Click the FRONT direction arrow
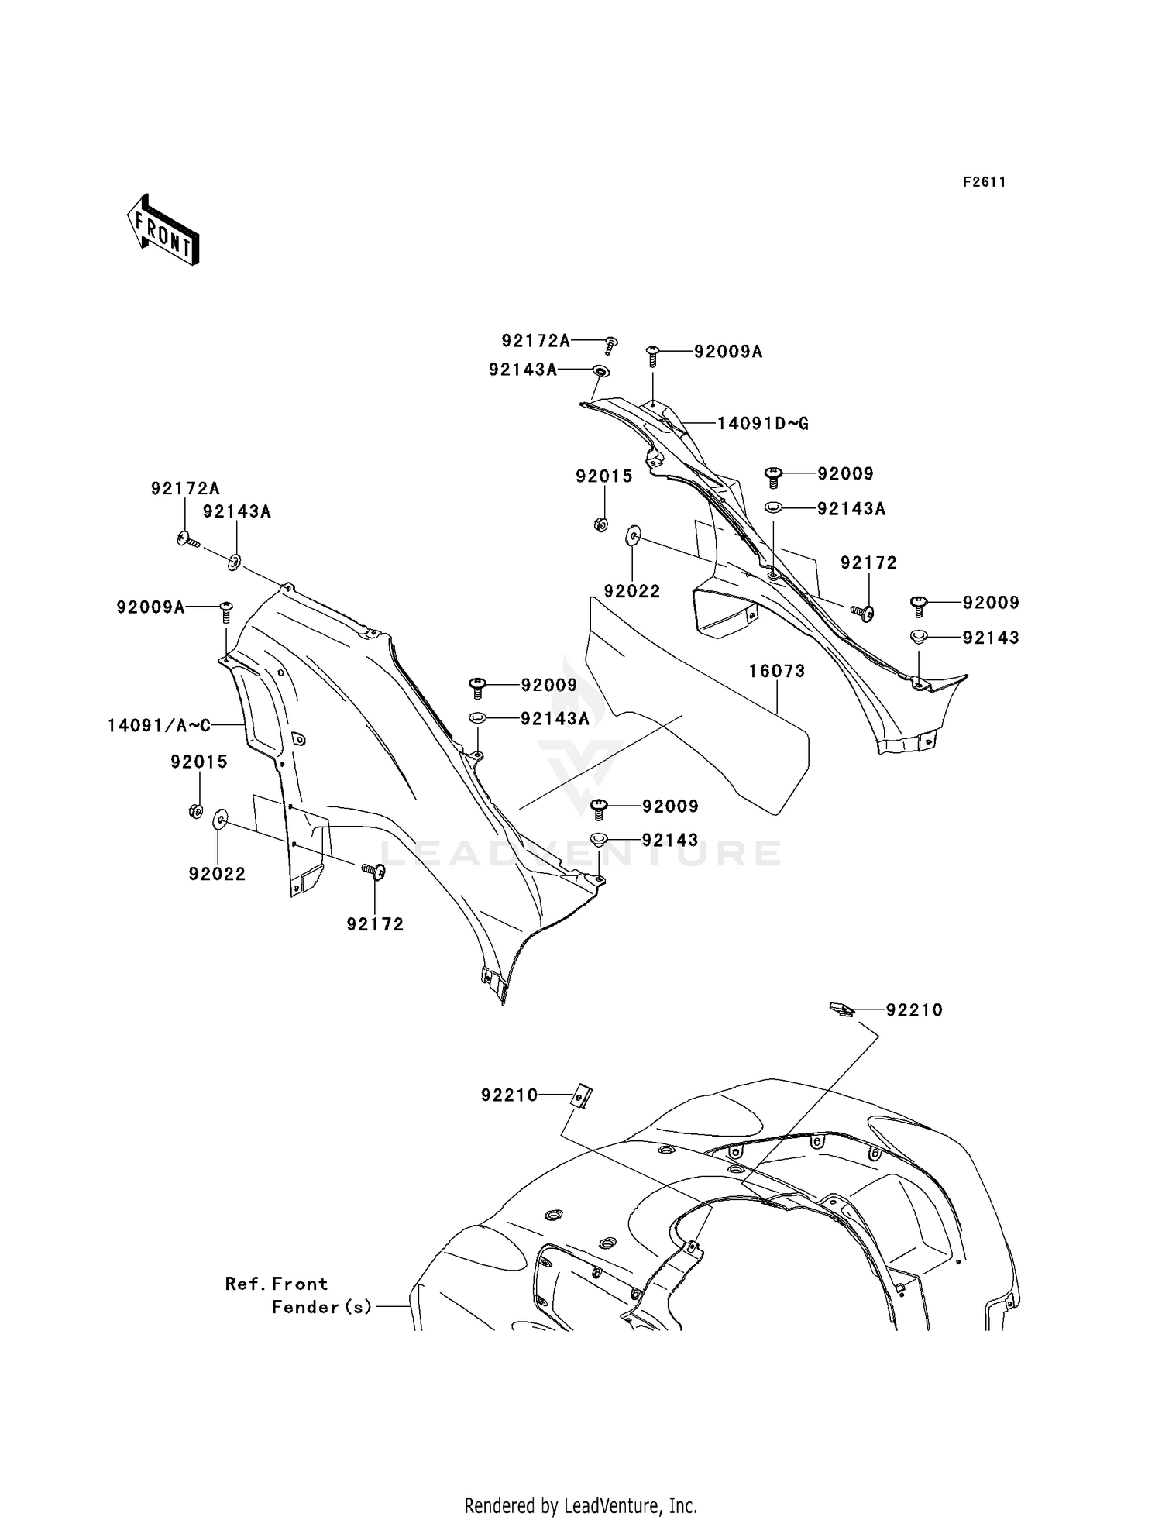163,230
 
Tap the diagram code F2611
984,182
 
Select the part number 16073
776,671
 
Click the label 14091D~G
763,423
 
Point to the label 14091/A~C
159,725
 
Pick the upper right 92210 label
914,1010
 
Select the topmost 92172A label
535,340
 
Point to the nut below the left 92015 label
196,811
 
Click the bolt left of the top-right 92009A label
652,355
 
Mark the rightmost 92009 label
991,602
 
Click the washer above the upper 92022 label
633,535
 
